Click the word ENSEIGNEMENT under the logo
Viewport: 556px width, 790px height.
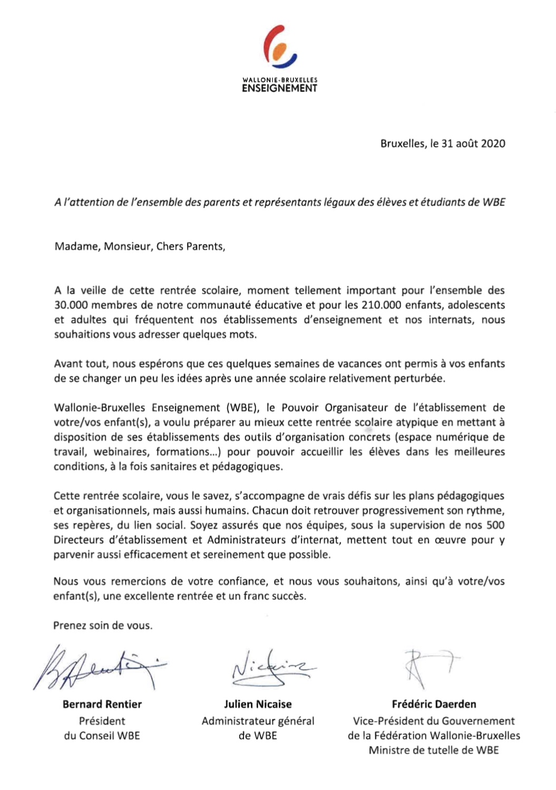click(x=279, y=89)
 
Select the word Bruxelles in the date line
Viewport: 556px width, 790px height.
click(x=402, y=144)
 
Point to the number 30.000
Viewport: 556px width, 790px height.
click(x=71, y=305)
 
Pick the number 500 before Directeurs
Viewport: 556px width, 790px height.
click(x=495, y=525)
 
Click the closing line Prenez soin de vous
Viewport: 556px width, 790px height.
click(x=103, y=626)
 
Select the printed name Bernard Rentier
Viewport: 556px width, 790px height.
click(x=102, y=704)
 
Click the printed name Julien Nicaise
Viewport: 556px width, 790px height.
click(x=258, y=704)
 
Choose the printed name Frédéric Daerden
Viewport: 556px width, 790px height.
click(x=434, y=704)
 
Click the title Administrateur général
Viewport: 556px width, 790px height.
click(x=258, y=721)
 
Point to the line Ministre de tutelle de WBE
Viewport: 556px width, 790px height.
click(x=434, y=750)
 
